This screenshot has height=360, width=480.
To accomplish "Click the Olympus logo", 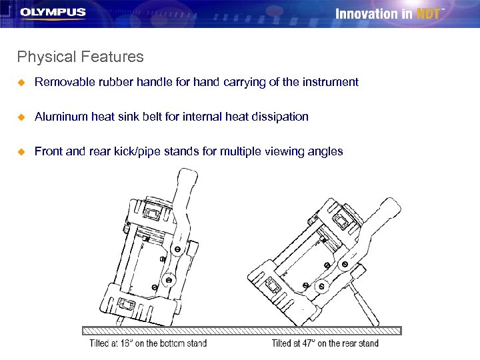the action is coord(53,13).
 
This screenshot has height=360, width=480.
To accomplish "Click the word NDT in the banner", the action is coord(428,14).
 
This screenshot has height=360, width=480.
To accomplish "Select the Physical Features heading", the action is coord(81,57).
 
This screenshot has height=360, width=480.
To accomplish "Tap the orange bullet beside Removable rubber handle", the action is coord(21,83).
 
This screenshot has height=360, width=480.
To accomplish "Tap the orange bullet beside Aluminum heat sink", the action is coord(21,117).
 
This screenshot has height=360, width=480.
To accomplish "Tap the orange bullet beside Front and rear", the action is coord(21,151).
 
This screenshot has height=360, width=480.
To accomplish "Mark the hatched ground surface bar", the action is coord(242,330).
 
